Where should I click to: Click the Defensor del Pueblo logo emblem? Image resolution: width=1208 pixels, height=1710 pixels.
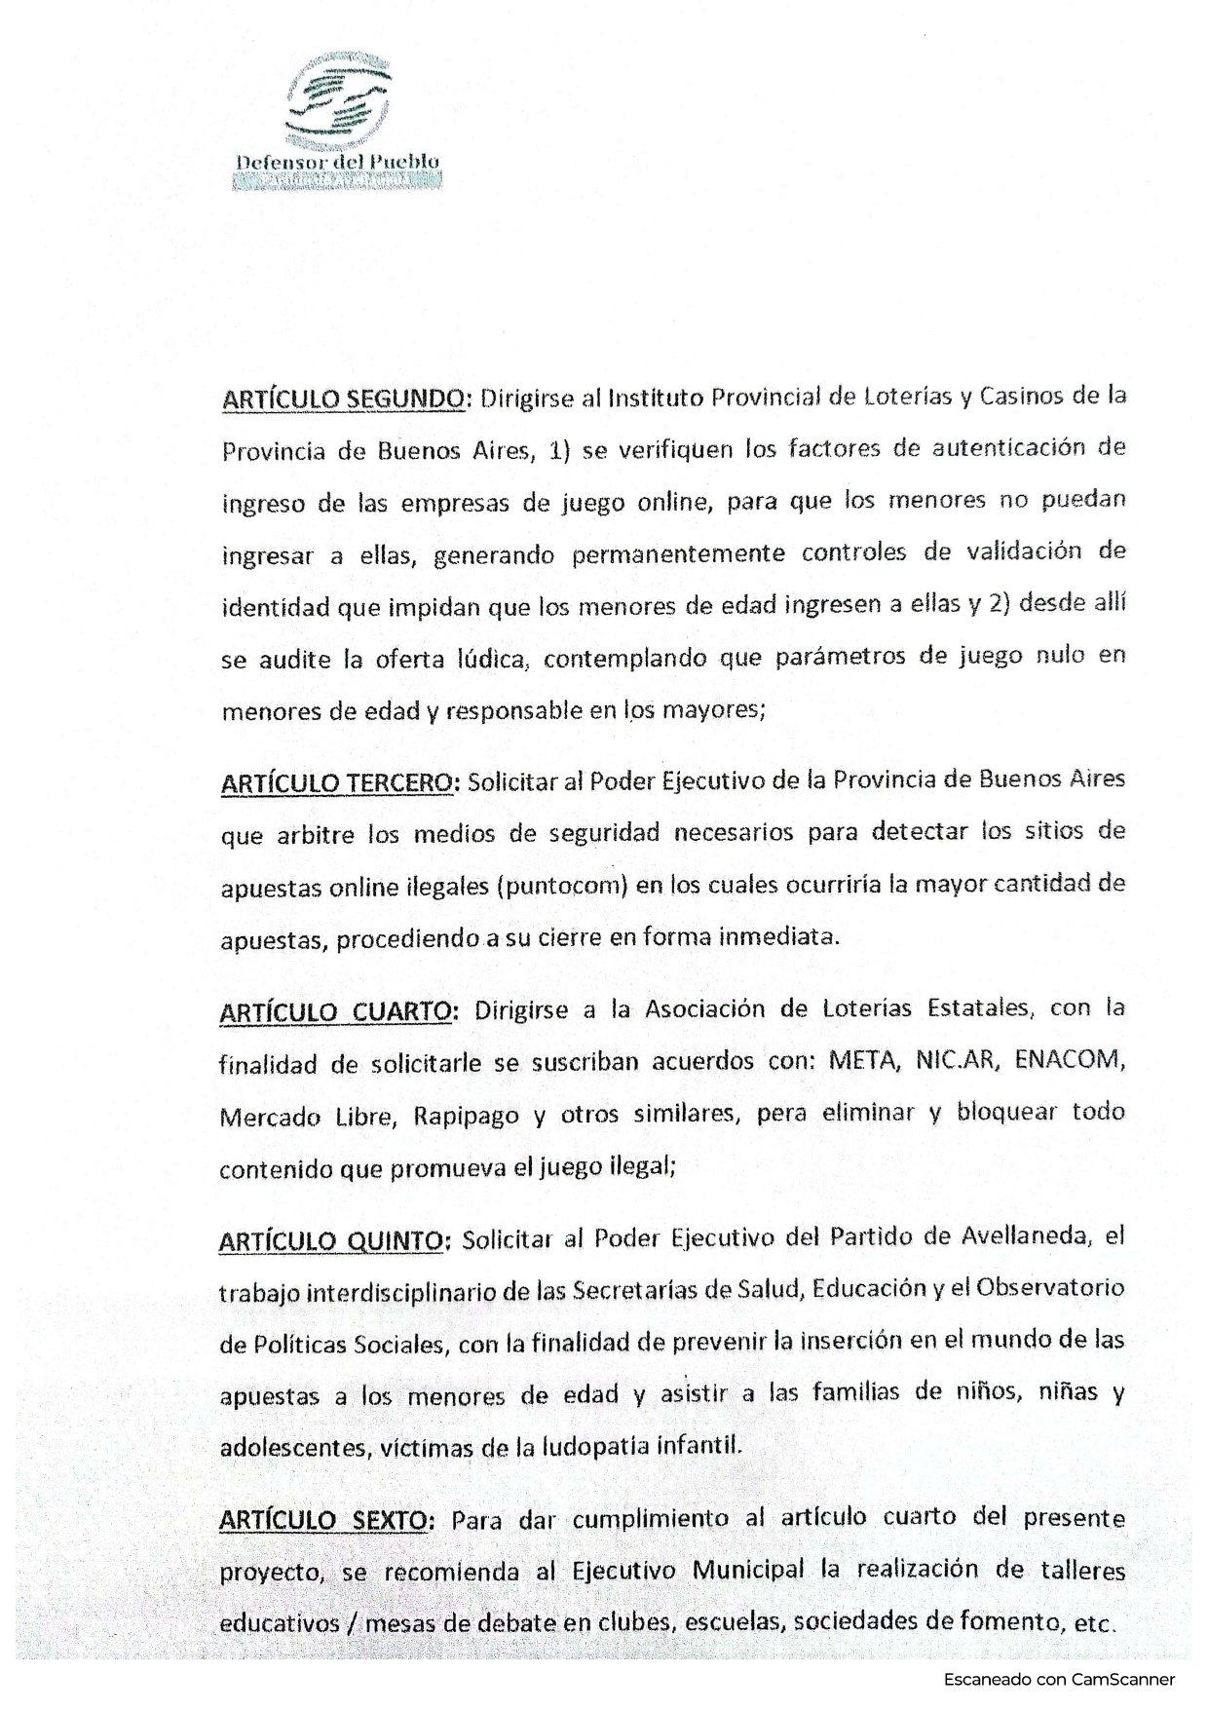pyautogui.click(x=337, y=101)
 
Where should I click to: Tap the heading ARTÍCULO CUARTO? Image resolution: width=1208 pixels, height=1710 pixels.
pyautogui.click(x=336, y=1012)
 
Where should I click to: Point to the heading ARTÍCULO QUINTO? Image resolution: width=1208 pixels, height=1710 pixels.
pyautogui.click(x=335, y=1241)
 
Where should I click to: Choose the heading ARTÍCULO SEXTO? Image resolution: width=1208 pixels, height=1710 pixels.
pyautogui.click(x=328, y=1520)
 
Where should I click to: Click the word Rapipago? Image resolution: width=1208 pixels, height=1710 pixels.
pyautogui.click(x=466, y=1116)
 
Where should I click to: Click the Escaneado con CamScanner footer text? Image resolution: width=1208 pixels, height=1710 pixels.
pyautogui.click(x=1059, y=1679)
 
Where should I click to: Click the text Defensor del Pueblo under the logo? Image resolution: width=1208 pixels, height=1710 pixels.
pyautogui.click(x=338, y=162)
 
